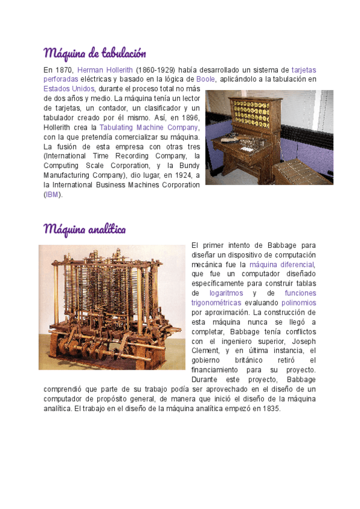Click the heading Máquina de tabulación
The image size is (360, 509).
pyautogui.click(x=95, y=53)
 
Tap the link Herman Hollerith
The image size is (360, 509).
pyautogui.click(x=105, y=70)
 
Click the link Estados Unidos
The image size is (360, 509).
pyautogui.click(x=69, y=88)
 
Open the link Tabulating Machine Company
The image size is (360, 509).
pyautogui.click(x=149, y=127)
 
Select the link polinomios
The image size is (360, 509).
pyautogui.click(x=298, y=303)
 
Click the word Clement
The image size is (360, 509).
pyautogui.click(x=203, y=351)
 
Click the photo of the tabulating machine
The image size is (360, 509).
pyautogui.click(x=269, y=137)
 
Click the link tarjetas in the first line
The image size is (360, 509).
pyautogui.click(x=304, y=70)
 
